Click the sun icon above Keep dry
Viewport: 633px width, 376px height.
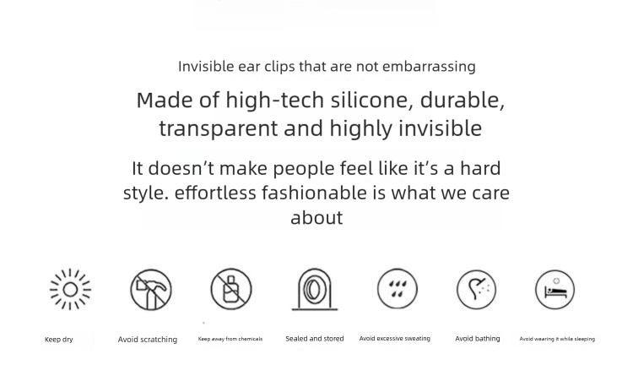coord(70,290)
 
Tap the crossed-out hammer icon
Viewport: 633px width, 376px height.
coord(151,290)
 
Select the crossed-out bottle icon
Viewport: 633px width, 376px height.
coord(231,290)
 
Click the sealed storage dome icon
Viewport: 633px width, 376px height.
coord(315,290)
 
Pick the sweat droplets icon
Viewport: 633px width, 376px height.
coord(398,289)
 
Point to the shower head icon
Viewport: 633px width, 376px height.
coord(476,290)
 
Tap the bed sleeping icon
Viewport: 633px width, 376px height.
coord(555,290)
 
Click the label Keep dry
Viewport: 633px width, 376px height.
coord(59,340)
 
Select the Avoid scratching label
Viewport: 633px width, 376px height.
coord(148,340)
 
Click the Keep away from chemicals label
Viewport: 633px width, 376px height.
coord(230,339)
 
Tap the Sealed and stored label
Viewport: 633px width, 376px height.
coord(315,338)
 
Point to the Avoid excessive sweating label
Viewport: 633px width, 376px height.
coord(395,338)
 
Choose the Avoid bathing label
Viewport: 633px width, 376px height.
coord(478,338)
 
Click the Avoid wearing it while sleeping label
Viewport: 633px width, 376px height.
coord(557,339)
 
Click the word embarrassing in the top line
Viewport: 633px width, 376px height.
coord(429,67)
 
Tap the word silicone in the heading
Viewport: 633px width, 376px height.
coord(372,101)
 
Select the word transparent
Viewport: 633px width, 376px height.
coord(219,129)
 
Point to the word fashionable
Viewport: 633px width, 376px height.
coord(314,193)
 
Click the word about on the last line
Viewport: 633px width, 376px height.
coord(316,217)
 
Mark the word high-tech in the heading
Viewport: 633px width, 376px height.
coord(275,101)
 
